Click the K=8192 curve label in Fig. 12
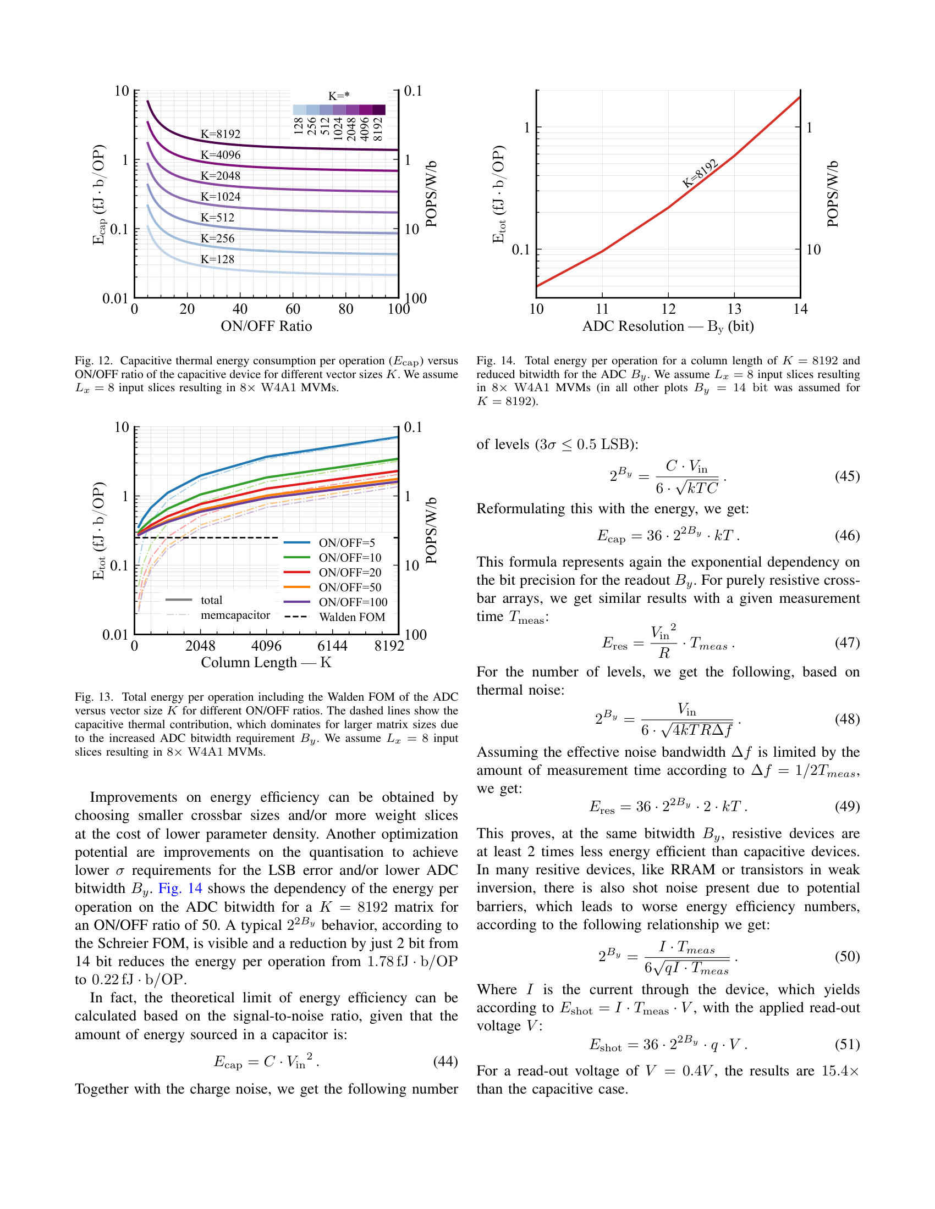tap(221, 134)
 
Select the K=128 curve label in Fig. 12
tap(217, 259)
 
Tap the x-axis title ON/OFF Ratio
tap(266, 326)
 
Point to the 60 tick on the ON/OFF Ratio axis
tap(293, 309)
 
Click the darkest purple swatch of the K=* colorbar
tap(379, 109)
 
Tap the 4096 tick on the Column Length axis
tap(266, 646)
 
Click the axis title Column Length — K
tap(266, 663)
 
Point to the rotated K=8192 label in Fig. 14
tap(700, 173)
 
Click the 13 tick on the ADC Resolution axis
tap(734, 309)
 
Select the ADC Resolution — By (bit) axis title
tap(668, 326)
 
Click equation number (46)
tap(847, 535)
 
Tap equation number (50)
tap(847, 956)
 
